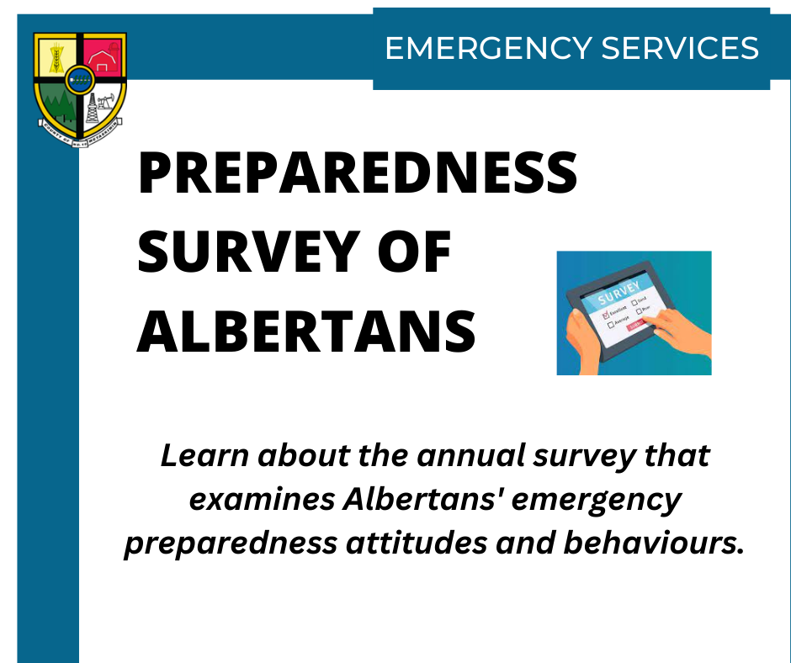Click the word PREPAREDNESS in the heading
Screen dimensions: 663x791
click(x=358, y=174)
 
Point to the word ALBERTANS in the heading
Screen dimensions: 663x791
click(x=306, y=329)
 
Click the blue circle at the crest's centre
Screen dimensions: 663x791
click(x=80, y=82)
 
